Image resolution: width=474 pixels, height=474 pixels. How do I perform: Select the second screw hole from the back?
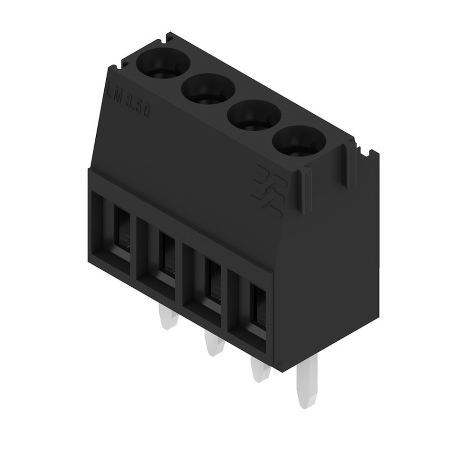tap(208, 90)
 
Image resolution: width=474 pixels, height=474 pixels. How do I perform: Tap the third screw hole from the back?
tap(254, 116)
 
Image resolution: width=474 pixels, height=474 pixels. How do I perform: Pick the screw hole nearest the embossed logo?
tap(299, 142)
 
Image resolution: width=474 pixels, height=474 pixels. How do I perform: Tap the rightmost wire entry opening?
tap(250, 308)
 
